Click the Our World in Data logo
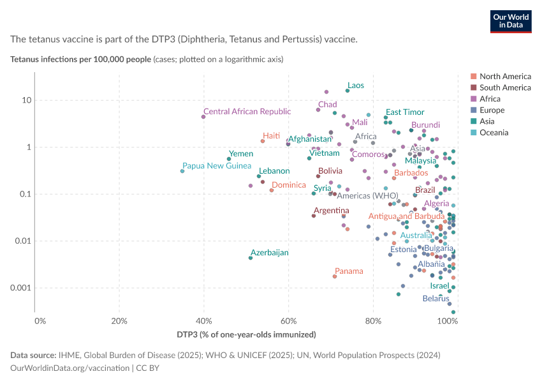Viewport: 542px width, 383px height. tap(511, 22)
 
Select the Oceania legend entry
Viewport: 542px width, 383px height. tap(490, 133)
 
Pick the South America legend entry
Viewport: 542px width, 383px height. tap(501, 87)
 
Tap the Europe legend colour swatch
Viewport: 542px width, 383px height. tap(474, 110)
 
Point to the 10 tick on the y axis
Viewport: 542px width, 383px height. tap(27, 100)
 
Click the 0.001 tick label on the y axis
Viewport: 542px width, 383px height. tap(21, 288)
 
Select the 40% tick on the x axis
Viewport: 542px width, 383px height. tap(204, 321)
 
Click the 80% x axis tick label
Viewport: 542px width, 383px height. tap(373, 321)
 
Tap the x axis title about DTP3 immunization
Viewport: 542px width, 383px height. tap(247, 334)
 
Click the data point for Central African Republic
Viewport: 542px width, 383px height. tap(203, 117)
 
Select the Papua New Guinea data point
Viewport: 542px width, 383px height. tap(182, 171)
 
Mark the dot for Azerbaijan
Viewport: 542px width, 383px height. tap(251, 258)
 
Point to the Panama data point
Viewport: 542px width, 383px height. tap(335, 276)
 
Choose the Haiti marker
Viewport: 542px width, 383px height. tap(263, 141)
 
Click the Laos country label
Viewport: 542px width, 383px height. tap(356, 86)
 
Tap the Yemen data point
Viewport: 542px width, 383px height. tap(229, 159)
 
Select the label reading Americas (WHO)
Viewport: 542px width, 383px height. tap(367, 196)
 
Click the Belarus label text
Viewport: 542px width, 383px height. tap(436, 299)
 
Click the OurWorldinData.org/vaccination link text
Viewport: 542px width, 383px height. tap(70, 368)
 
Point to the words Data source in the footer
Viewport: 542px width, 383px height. tap(33, 356)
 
